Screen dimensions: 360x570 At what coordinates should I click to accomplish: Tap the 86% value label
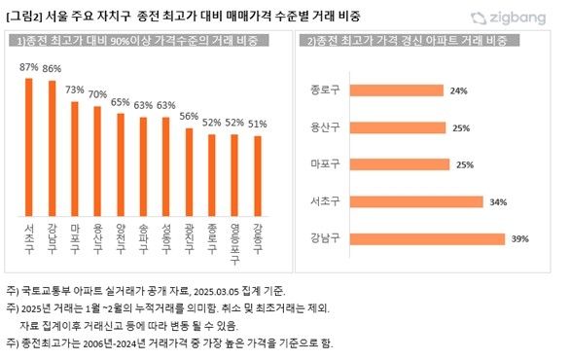point(51,68)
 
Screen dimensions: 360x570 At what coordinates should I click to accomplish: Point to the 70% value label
point(97,94)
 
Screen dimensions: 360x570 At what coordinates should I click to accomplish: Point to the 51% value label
point(259,124)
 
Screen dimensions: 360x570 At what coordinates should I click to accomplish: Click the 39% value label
point(519,239)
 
